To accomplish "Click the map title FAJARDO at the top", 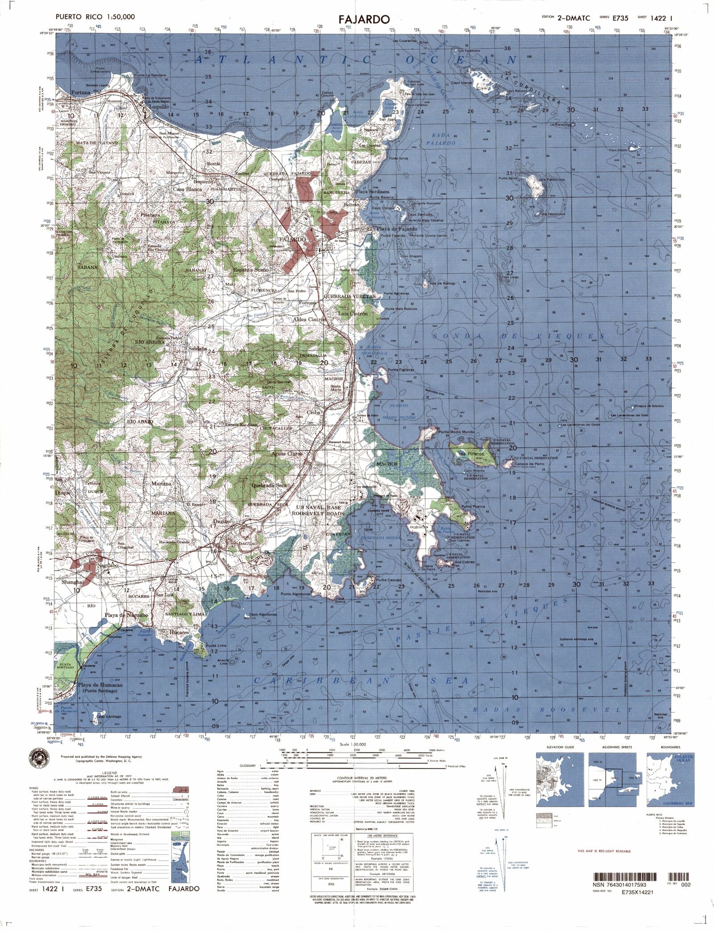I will (364, 19).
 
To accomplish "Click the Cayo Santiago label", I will (108, 729).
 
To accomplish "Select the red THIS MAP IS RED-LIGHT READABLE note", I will (604, 851).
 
